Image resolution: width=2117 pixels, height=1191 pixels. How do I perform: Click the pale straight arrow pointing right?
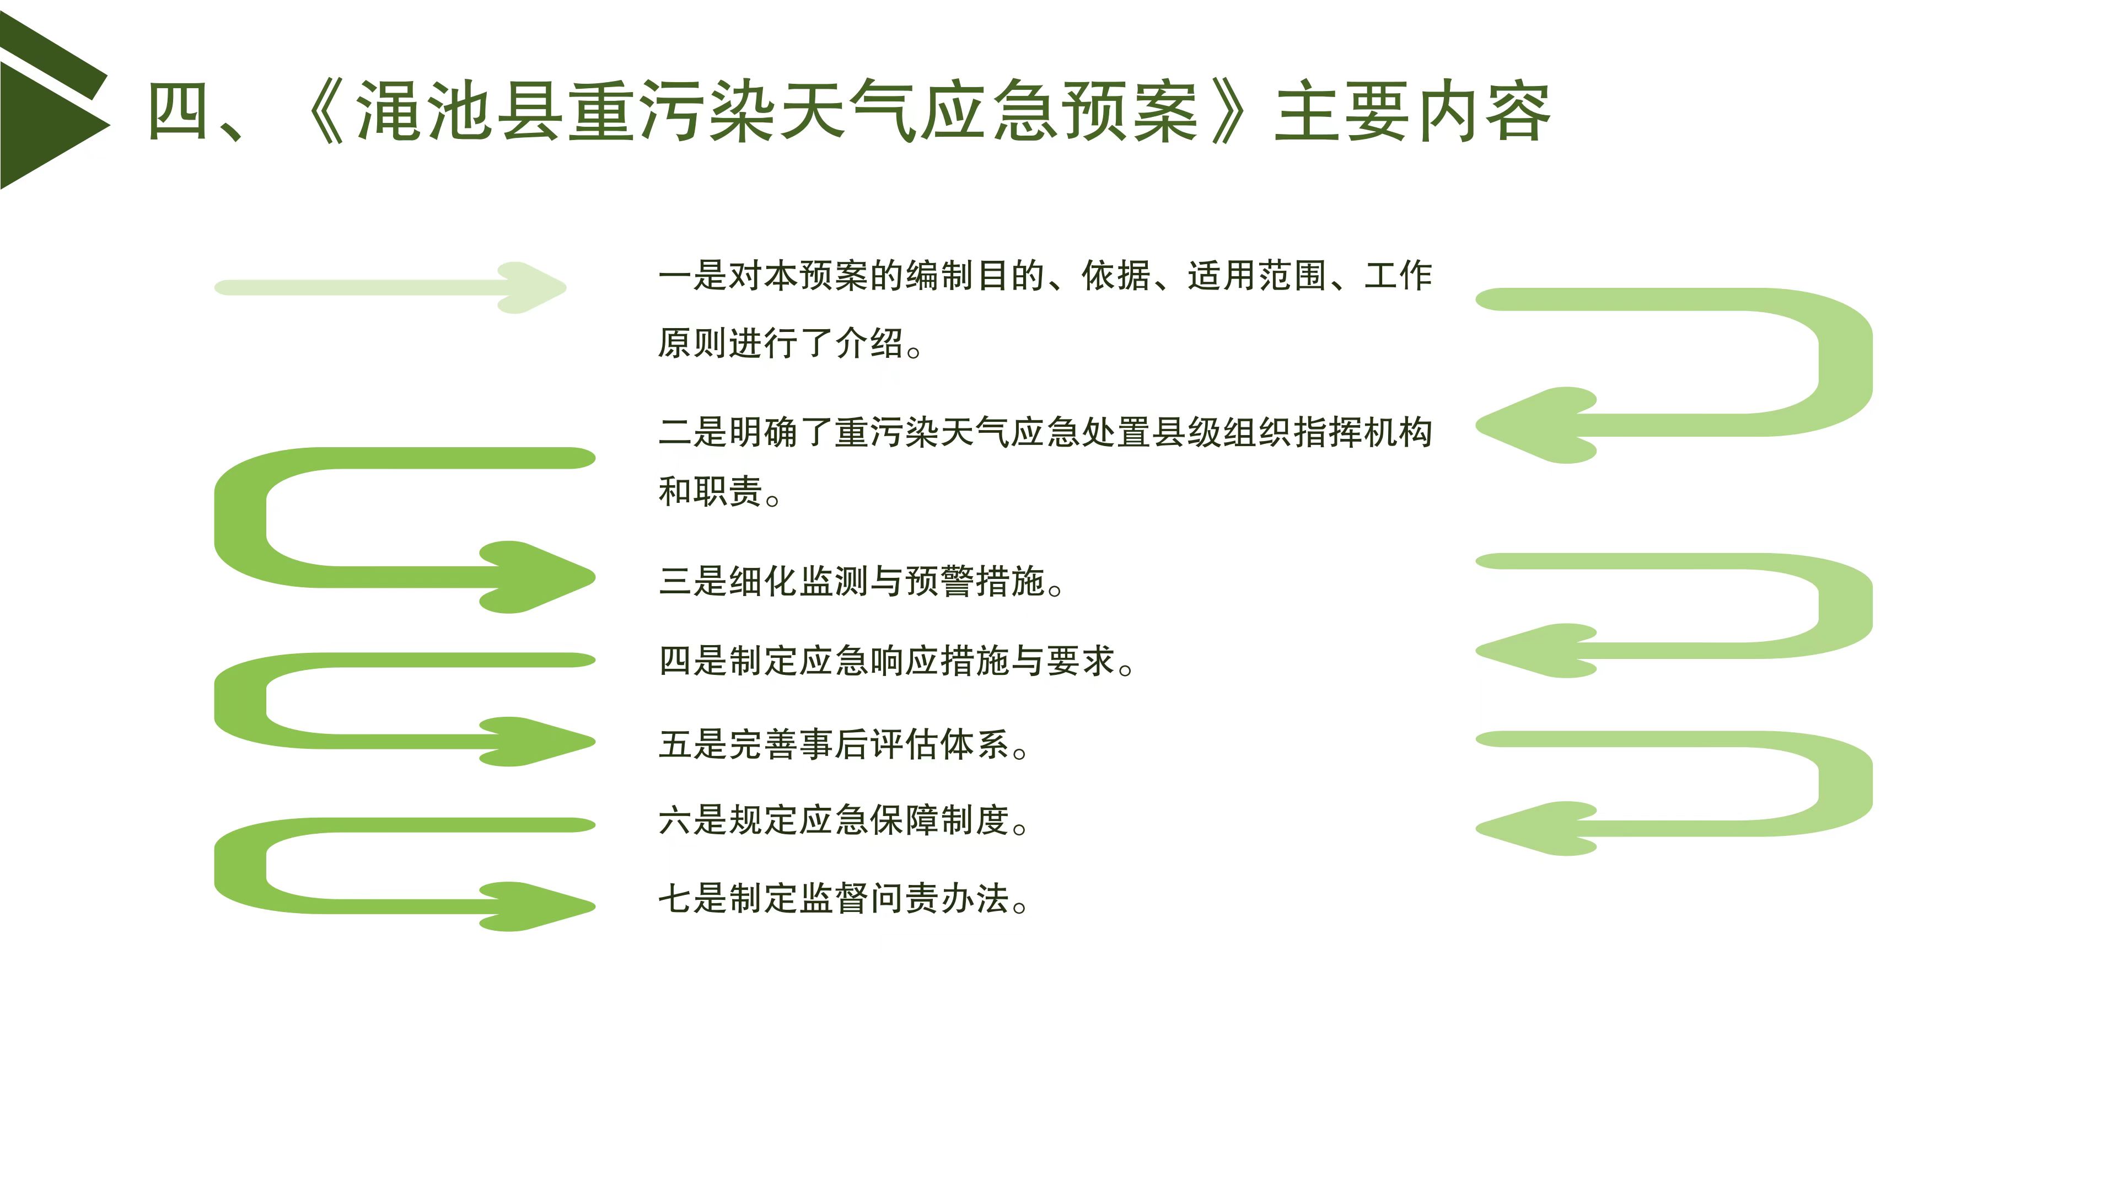tap(390, 288)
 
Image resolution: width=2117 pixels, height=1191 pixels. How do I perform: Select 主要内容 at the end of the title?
tap(1412, 112)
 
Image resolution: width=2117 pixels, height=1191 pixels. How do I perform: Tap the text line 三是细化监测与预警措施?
tap(861, 581)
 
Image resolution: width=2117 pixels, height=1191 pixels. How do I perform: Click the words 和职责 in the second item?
tap(711, 491)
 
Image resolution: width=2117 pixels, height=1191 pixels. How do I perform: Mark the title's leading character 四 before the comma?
tap(176, 112)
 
